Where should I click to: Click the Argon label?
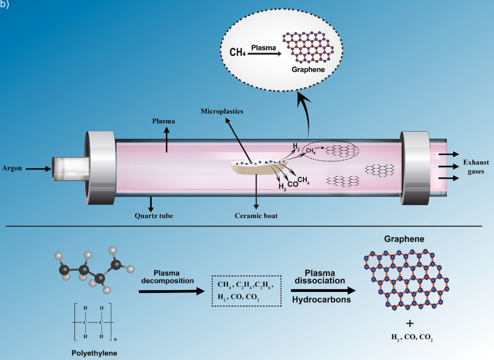pyautogui.click(x=12, y=168)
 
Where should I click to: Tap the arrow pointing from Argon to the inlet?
pyautogui.click(x=38, y=169)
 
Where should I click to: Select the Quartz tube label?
pyautogui.click(x=154, y=216)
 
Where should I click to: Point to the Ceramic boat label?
pyautogui.click(x=256, y=216)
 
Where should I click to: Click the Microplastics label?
pyautogui.click(x=222, y=111)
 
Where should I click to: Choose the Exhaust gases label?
pyautogui.click(x=476, y=167)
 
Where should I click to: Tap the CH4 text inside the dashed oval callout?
pyautogui.click(x=237, y=52)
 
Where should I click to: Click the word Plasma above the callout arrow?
pyautogui.click(x=264, y=48)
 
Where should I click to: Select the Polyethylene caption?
pyautogui.click(x=94, y=353)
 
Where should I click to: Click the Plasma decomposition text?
pyautogui.click(x=167, y=277)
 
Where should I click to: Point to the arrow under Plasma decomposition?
pyautogui.click(x=171, y=291)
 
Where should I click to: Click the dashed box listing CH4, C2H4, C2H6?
pyautogui.click(x=246, y=291)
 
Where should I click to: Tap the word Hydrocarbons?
pyautogui.click(x=321, y=300)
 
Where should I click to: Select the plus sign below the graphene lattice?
pyautogui.click(x=410, y=323)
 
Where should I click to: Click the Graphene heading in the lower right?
pyautogui.click(x=404, y=239)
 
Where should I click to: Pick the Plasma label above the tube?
pyautogui.click(x=164, y=121)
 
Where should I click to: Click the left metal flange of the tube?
pyautogui.click(x=100, y=168)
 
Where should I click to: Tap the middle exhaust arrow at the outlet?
pyautogui.click(x=449, y=166)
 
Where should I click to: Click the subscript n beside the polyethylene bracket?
pyautogui.click(x=115, y=339)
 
